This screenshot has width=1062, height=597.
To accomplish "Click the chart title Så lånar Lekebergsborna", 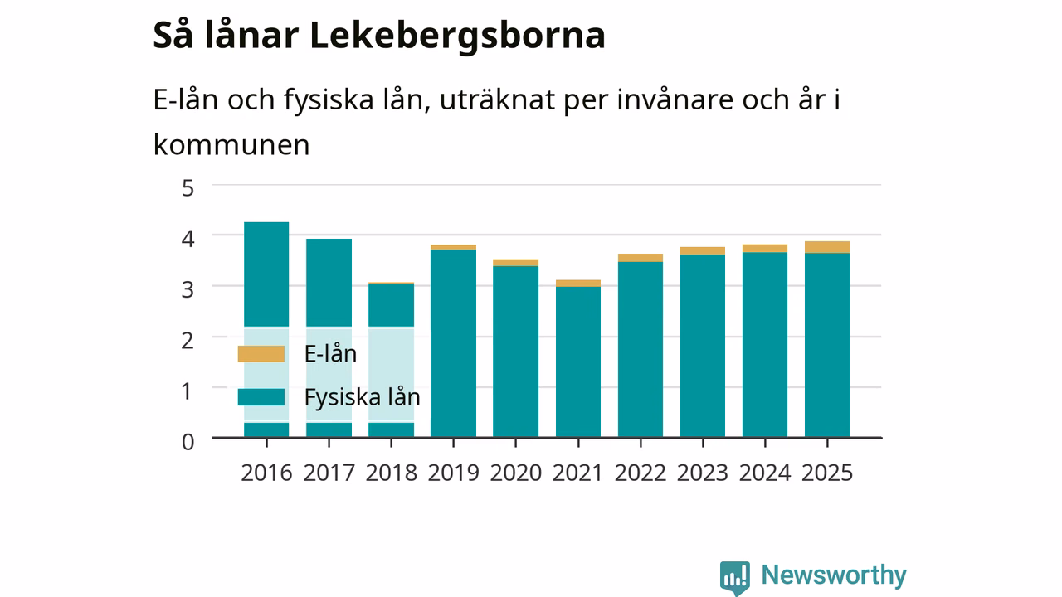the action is (379, 36).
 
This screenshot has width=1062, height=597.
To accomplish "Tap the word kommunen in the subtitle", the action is (231, 144).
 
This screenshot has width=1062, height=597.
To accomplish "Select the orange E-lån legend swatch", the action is (261, 354).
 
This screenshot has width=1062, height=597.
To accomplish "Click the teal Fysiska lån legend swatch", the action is (261, 397).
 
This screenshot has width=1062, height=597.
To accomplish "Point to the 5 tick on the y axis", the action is (188, 188).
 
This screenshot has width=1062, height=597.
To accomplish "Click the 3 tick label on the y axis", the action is (188, 289).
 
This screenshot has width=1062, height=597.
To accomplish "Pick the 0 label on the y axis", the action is (188, 442).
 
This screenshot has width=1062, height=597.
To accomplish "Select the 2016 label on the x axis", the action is (266, 473).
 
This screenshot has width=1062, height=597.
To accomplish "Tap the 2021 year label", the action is (577, 473).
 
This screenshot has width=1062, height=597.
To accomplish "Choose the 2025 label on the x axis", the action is (827, 473).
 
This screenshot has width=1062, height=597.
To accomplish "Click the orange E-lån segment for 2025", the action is (827, 247).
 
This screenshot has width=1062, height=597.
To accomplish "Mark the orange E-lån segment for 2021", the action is (578, 284).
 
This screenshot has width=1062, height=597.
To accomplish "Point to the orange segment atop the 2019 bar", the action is (453, 247).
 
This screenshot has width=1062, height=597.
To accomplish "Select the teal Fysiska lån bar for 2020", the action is (515, 351).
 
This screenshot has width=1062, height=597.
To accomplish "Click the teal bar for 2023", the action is (703, 346).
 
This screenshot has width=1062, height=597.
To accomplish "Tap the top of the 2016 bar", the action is (266, 222).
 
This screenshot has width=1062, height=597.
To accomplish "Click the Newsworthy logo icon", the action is (735, 578).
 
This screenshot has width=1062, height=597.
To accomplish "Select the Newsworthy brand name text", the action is (834, 575).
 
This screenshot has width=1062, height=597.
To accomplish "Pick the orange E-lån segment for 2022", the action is (640, 258).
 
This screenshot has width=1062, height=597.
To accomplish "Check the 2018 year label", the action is (391, 473).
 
